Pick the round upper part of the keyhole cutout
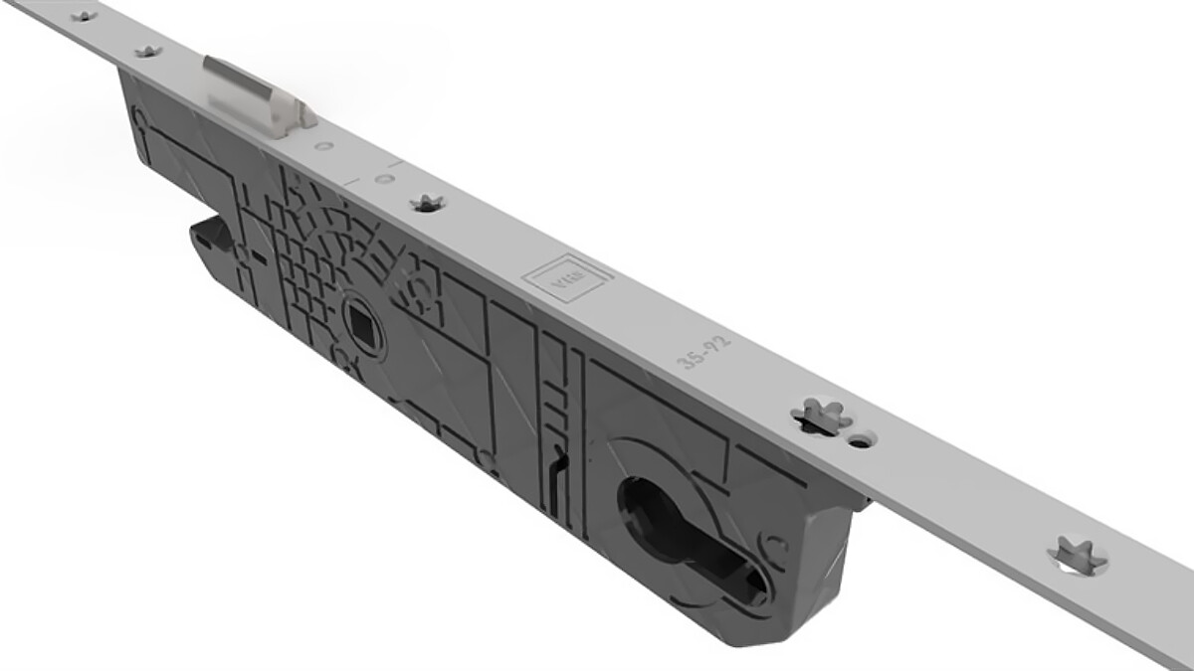point(646,503)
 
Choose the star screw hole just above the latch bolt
point(148,50)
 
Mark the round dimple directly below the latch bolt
point(324,146)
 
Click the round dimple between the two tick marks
point(383,179)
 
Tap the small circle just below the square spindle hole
point(342,355)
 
